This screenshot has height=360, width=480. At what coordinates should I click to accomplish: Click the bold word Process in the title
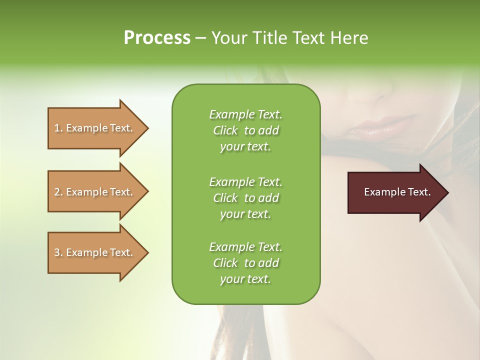(157, 38)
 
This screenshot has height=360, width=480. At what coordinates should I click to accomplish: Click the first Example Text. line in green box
(245, 114)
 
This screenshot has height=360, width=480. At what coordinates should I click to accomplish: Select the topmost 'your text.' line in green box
(245, 147)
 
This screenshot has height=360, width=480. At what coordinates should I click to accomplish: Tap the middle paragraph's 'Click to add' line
(245, 198)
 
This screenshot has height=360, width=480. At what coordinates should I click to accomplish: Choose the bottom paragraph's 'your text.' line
(245, 279)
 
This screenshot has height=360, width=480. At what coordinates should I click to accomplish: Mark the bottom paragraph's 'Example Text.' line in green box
(245, 247)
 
